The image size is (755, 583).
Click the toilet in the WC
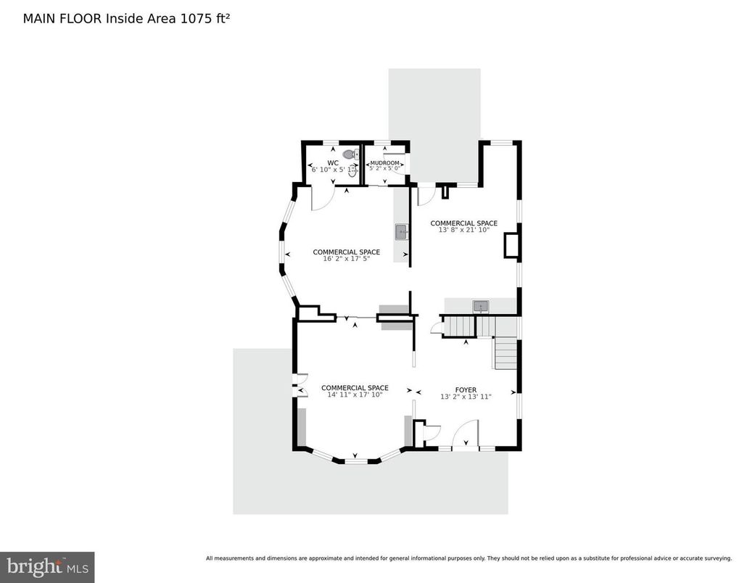[350, 154]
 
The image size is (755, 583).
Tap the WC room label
[333, 162]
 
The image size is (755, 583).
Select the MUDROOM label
[384, 163]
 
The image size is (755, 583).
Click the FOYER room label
[466, 390]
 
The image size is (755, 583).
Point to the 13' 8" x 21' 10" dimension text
[464, 230]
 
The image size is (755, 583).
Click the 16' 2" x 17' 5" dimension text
[346, 258]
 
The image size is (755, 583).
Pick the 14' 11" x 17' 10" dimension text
[355, 394]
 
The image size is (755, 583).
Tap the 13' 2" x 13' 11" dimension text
[466, 397]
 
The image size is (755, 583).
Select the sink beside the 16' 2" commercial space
[401, 232]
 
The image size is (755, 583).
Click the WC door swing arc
[323, 197]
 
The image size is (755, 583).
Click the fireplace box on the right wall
[511, 245]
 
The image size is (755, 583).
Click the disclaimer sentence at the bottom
[469, 558]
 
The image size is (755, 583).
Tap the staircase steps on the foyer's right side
[506, 353]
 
